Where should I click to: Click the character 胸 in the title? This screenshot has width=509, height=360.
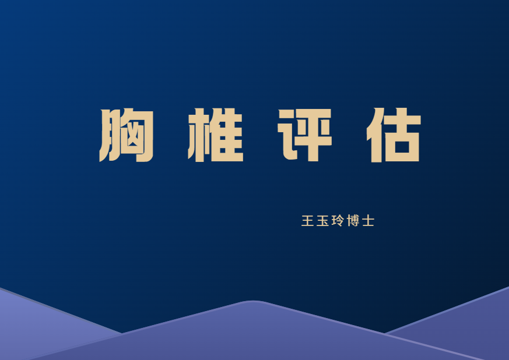coord(127,135)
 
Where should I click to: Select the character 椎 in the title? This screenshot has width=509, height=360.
coord(215,135)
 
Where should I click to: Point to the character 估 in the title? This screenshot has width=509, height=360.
coord(394,135)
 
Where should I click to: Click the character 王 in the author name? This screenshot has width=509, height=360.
coord(307,221)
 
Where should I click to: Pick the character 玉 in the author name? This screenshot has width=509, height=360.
coord(322,221)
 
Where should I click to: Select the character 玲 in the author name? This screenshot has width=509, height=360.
coord(338,221)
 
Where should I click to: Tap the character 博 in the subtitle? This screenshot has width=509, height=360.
coord(353,221)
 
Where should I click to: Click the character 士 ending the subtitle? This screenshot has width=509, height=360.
coord(368,221)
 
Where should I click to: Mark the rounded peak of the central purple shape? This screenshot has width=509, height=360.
coord(252,302)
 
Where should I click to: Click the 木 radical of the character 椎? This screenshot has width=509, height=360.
coord(196,135)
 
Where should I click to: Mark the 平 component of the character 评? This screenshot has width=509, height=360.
coord(315,135)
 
